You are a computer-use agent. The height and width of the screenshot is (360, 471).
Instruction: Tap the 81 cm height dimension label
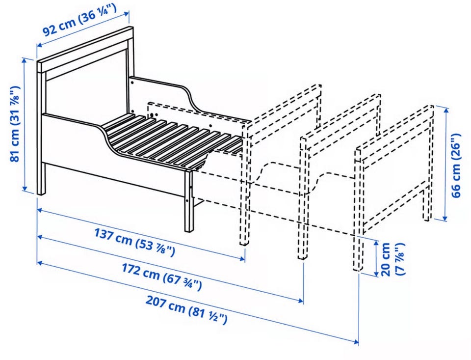[x=15, y=124]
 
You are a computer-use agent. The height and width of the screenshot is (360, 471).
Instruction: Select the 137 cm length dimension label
[x=134, y=242]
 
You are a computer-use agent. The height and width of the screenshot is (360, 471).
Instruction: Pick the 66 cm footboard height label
[x=456, y=165]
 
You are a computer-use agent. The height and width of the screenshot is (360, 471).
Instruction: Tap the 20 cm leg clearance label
[x=392, y=259]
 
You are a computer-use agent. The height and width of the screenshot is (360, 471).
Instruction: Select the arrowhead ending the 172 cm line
[x=301, y=301]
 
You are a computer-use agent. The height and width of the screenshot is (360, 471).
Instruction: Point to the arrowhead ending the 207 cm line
[x=357, y=342]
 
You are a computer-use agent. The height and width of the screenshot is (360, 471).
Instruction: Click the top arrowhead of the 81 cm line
[x=25, y=59]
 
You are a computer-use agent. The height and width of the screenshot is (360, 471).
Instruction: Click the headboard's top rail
[x=85, y=50]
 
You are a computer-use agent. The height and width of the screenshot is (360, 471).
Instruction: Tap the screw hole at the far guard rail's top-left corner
[x=132, y=81]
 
